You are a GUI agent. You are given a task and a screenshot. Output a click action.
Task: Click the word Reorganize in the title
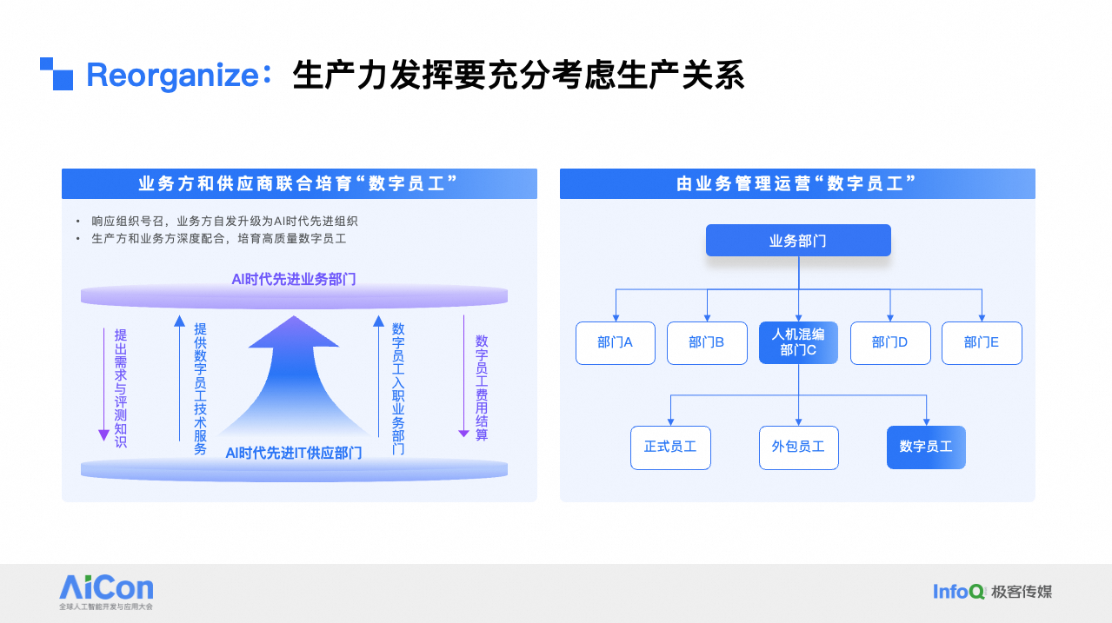(x=173, y=76)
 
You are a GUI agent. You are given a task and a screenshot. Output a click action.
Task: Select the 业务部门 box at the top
(x=798, y=241)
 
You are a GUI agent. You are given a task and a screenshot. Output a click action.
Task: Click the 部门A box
(x=616, y=342)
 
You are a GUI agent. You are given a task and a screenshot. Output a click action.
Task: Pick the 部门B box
(x=707, y=342)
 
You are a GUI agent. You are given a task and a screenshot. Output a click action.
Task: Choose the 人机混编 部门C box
(x=798, y=342)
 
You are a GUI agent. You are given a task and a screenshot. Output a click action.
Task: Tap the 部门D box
(x=890, y=342)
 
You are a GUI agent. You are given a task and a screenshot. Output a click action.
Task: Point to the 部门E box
(x=982, y=342)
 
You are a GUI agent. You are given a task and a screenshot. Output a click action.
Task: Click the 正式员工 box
(x=670, y=447)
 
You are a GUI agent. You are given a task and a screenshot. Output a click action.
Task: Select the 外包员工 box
(x=798, y=447)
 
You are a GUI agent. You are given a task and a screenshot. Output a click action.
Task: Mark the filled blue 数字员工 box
(x=926, y=447)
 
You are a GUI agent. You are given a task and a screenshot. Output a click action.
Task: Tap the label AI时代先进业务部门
(x=294, y=279)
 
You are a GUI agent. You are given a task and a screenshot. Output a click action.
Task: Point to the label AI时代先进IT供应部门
(x=294, y=453)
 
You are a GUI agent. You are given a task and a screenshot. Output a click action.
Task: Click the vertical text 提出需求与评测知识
(x=120, y=388)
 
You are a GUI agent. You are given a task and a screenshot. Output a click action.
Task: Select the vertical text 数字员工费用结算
(x=481, y=388)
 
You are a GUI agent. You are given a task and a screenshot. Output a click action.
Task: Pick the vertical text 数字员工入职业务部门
(x=398, y=388)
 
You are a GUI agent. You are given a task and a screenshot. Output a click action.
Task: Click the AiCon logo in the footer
(x=106, y=588)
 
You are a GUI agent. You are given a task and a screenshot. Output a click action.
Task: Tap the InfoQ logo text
(x=958, y=592)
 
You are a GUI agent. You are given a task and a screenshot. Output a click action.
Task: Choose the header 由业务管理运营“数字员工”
(x=797, y=184)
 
